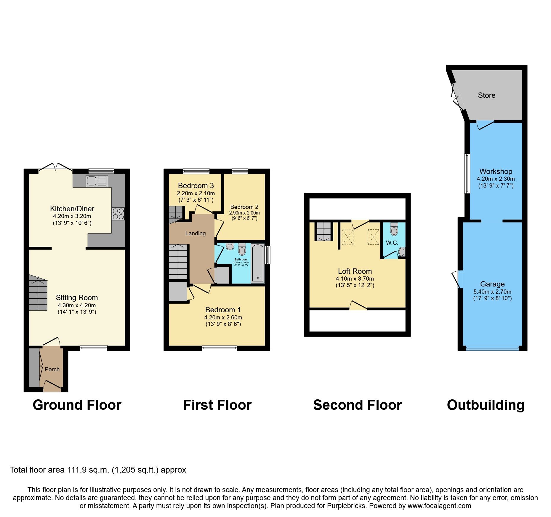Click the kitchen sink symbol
[97, 181]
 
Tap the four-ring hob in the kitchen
[118, 214]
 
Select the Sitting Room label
[77, 298]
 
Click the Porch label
[52, 369]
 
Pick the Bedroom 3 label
[196, 186]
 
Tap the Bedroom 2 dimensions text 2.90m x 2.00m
[244, 213]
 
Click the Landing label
[196, 233]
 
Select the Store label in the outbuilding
[487, 95]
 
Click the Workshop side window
[467, 173]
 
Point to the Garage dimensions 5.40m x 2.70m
[492, 292]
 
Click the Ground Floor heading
[77, 405]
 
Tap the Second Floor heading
[358, 405]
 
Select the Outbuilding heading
[486, 405]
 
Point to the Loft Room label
[355, 271]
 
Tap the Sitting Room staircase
[38, 294]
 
